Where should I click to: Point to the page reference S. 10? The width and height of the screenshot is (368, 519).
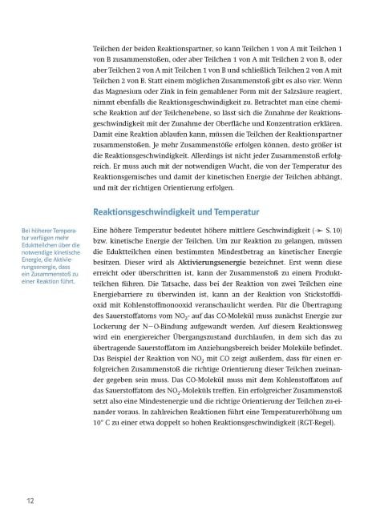[336, 230]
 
